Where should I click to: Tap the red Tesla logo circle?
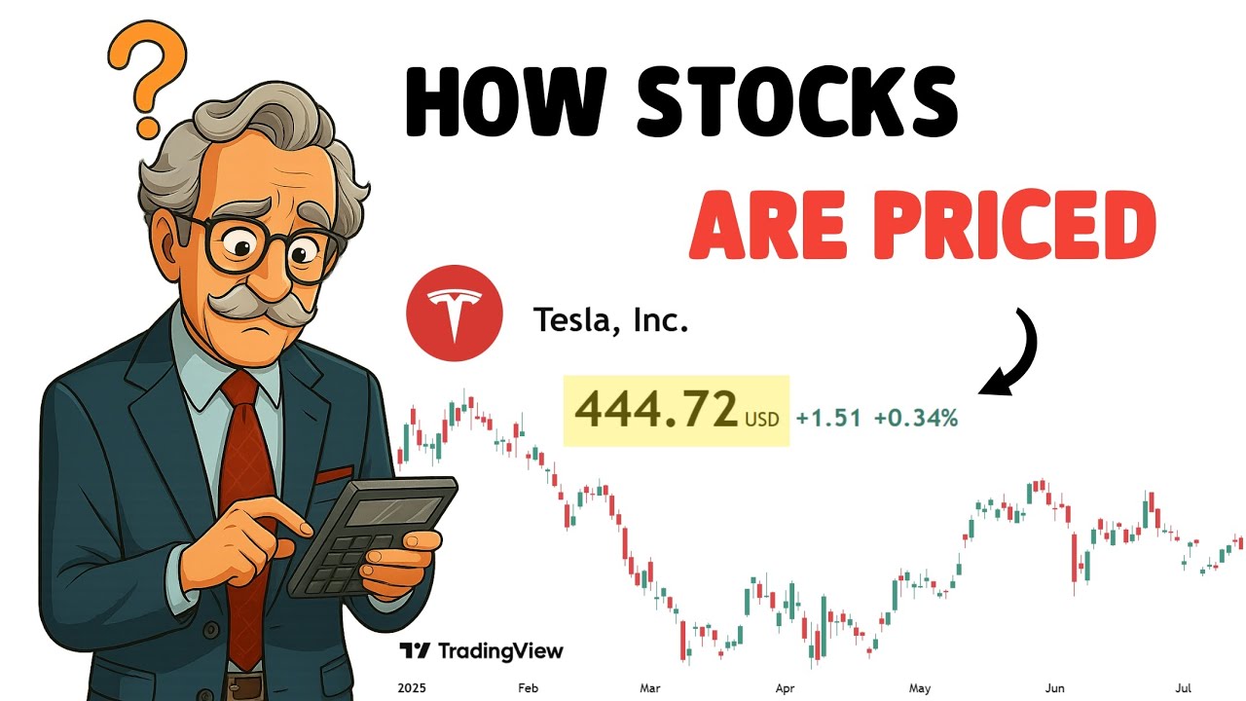(x=454, y=314)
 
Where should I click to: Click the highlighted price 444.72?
(x=655, y=410)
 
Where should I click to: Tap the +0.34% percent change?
(x=915, y=419)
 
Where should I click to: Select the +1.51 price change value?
(x=827, y=419)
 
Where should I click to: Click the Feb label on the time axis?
(x=527, y=688)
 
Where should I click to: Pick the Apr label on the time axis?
(x=785, y=688)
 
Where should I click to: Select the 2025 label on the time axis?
(x=414, y=688)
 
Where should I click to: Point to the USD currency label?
(x=761, y=420)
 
